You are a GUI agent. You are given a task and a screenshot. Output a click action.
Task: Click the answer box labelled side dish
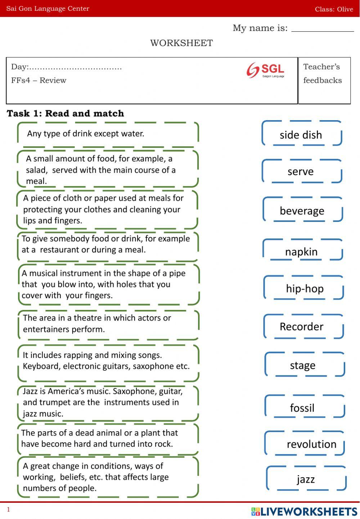(301, 134)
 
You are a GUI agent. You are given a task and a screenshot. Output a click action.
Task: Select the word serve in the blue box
(301, 171)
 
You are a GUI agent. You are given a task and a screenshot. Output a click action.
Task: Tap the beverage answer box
(302, 210)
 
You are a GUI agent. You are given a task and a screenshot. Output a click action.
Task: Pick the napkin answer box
(302, 251)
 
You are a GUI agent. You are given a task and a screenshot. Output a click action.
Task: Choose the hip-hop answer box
(304, 288)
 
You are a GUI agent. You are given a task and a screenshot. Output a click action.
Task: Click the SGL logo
(265, 70)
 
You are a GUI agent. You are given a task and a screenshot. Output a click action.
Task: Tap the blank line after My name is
(323, 29)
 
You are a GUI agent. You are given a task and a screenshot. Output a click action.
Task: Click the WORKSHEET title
(181, 43)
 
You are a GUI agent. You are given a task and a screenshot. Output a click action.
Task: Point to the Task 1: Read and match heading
(66, 113)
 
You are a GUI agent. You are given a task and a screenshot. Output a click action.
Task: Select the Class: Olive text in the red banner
(334, 9)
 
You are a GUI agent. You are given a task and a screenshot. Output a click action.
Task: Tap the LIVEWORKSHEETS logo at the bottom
(304, 511)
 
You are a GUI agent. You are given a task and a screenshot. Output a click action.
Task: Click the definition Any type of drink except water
(86, 134)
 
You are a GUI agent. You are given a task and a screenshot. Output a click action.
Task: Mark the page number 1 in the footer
(9, 509)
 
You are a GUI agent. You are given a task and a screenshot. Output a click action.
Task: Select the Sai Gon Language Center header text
(48, 9)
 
